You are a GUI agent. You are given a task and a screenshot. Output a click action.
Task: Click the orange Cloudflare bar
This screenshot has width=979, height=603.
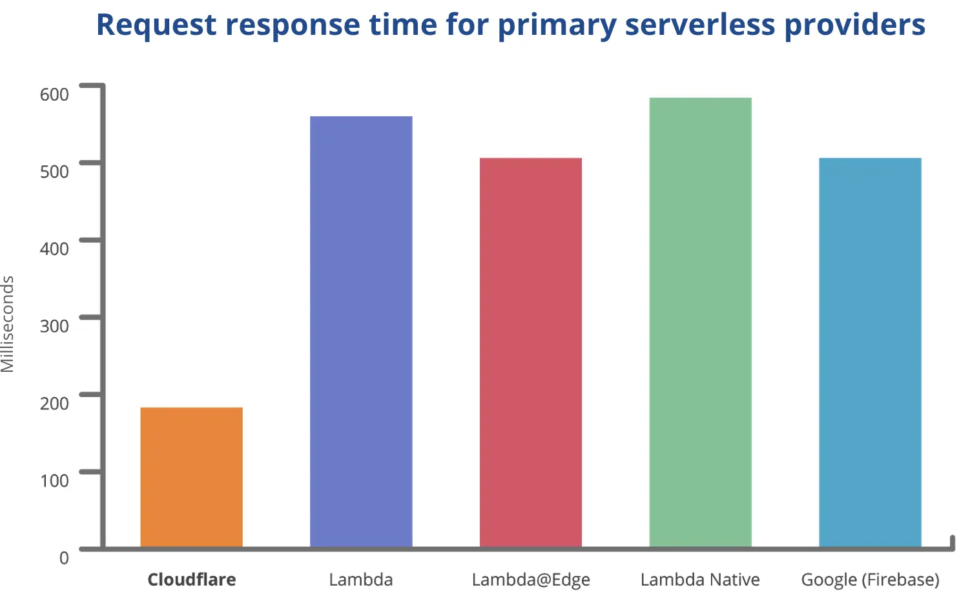pyautogui.click(x=191, y=477)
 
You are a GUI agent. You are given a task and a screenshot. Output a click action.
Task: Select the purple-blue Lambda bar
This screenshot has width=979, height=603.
pyautogui.click(x=361, y=332)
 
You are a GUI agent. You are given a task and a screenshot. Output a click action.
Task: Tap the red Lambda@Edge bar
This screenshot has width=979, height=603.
pyautogui.click(x=530, y=353)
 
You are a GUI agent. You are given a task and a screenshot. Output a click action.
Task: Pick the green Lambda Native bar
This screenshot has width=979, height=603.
pyautogui.click(x=700, y=322)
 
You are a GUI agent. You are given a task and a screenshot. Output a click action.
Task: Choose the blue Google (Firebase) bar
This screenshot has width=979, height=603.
pyautogui.click(x=870, y=353)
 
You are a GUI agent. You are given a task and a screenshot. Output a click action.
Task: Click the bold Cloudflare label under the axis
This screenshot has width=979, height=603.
pyautogui.click(x=191, y=580)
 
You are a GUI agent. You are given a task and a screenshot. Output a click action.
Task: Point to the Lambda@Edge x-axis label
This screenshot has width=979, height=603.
pyautogui.click(x=531, y=580)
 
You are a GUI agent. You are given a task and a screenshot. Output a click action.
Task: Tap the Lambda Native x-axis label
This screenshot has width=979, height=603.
pyautogui.click(x=700, y=580)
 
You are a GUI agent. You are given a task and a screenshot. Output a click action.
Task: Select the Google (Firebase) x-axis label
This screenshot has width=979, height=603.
pyautogui.click(x=870, y=580)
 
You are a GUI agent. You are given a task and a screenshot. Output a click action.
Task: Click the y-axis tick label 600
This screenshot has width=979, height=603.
pyautogui.click(x=54, y=94)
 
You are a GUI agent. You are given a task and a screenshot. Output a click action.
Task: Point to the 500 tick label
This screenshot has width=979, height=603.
pyautogui.click(x=54, y=172)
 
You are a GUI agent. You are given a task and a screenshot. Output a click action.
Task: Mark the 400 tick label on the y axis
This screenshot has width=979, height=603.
pyautogui.click(x=54, y=249)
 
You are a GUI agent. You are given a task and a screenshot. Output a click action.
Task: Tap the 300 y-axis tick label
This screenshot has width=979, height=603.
pyautogui.click(x=54, y=326)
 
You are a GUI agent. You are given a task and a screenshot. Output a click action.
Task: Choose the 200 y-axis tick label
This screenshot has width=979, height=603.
pyautogui.click(x=54, y=403)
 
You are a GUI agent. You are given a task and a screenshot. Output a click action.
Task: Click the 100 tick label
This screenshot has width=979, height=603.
pyautogui.click(x=54, y=480)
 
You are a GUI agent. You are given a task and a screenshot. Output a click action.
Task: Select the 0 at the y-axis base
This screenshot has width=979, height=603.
pyautogui.click(x=64, y=558)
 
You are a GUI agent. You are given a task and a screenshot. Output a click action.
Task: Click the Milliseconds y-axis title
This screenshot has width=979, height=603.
pyautogui.click(x=8, y=324)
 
